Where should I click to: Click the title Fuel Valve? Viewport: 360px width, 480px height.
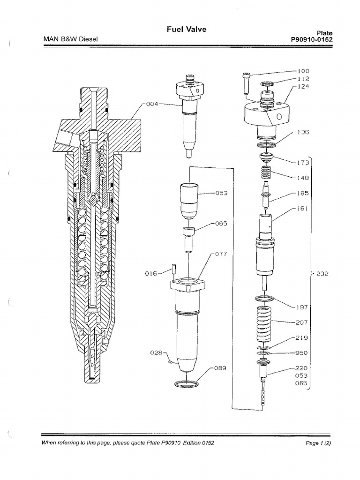pos(187,30)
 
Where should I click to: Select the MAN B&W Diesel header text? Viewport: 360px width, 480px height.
pos(70,39)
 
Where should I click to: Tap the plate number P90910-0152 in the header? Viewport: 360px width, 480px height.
pos(312,40)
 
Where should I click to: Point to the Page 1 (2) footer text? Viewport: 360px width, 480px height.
pos(318,442)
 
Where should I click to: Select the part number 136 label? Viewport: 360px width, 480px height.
pos(304,132)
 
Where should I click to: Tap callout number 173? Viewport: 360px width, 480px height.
pos(304,163)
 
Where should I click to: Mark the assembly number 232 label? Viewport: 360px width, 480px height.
pos(322,275)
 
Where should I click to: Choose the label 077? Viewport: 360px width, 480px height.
pos(221,254)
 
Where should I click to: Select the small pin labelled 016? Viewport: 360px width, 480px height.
pos(173,270)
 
